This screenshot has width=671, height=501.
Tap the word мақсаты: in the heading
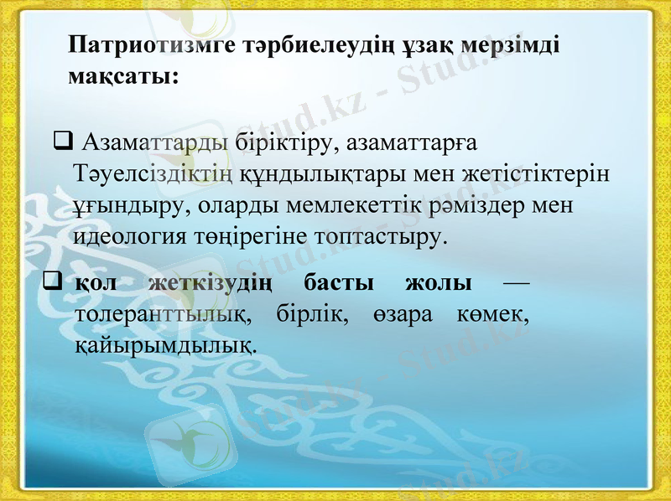pyautogui.click(x=122, y=76)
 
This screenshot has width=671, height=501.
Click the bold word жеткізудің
pyautogui.click(x=210, y=283)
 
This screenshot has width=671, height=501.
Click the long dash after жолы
pyautogui.click(x=516, y=283)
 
